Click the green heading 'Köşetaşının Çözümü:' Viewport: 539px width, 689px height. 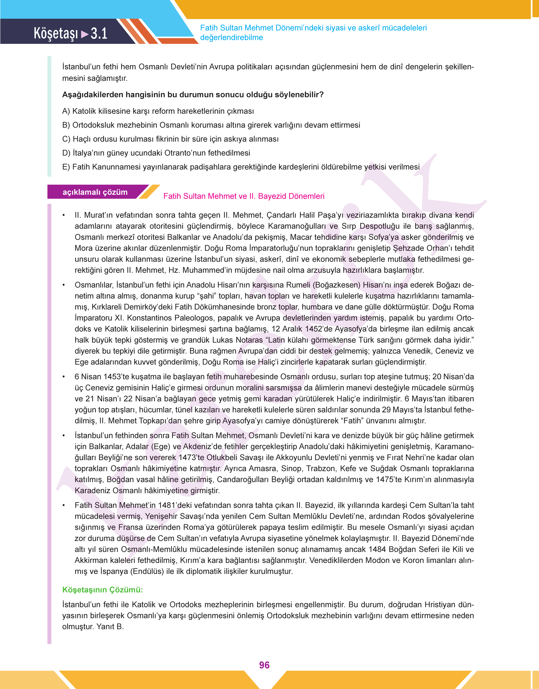(x=103, y=590)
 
